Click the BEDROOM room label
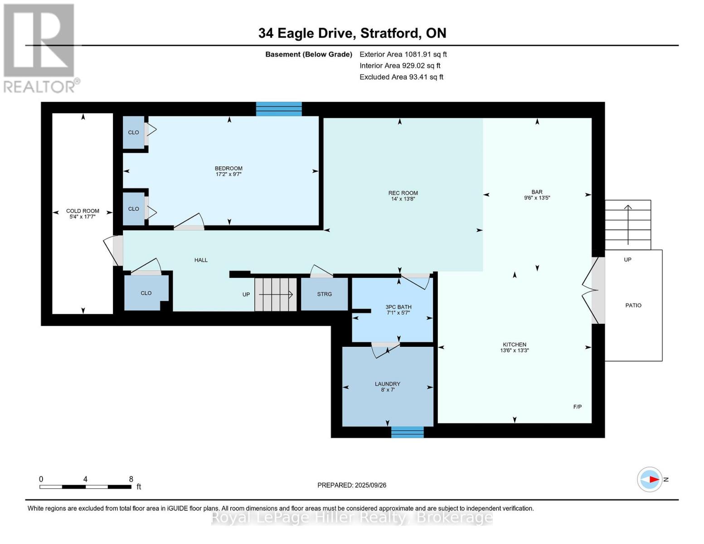click(228, 168)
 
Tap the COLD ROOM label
click(83, 211)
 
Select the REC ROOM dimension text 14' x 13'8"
click(403, 199)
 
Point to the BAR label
click(537, 192)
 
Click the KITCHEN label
click(514, 345)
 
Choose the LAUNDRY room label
click(387, 384)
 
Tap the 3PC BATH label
click(398, 307)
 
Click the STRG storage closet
click(325, 294)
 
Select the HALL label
click(201, 260)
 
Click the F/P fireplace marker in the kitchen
click(577, 407)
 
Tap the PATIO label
click(633, 306)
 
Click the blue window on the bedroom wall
click(279, 109)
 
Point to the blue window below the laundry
click(407, 432)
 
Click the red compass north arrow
click(653, 479)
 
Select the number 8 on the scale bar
click(131, 479)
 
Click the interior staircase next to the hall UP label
click(275, 295)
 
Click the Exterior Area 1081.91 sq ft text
click(403, 54)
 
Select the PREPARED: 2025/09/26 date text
click(352, 485)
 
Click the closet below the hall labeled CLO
click(146, 293)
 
